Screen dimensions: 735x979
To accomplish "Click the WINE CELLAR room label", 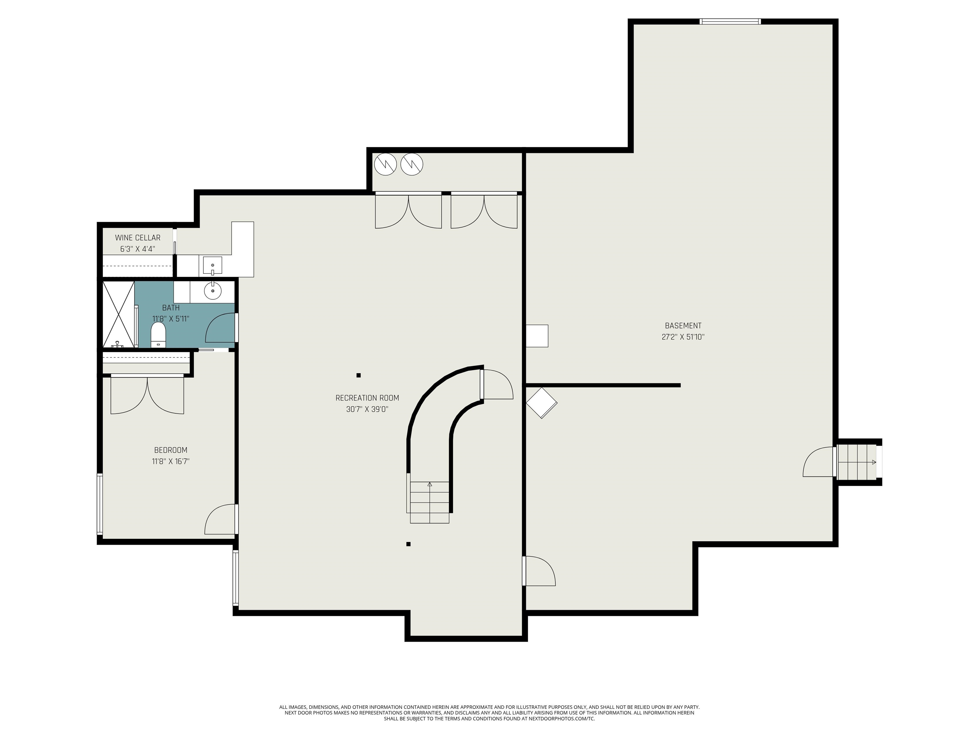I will tap(138, 238).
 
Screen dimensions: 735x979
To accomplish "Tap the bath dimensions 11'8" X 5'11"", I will tap(171, 319).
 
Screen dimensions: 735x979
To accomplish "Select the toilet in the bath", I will tap(158, 335).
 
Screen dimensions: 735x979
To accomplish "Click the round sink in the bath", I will tap(213, 291).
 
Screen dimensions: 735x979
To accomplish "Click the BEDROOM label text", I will tap(171, 450).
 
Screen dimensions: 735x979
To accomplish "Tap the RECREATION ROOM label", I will tap(367, 398).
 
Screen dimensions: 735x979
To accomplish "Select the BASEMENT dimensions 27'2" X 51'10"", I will tap(683, 337).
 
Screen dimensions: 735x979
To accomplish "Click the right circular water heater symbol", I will tap(412, 164).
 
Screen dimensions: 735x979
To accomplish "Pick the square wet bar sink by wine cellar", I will tap(213, 265).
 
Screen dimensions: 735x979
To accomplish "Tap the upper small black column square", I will tap(359, 375).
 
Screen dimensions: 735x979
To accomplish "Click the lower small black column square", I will tap(409, 544).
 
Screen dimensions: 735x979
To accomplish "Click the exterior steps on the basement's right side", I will tap(857, 462).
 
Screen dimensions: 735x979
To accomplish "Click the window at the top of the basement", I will tap(730, 21).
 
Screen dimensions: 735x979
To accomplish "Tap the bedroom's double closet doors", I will tap(147, 394).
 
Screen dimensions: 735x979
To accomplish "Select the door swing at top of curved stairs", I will tap(498, 384).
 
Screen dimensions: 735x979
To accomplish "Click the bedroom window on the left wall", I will tap(100, 504).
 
